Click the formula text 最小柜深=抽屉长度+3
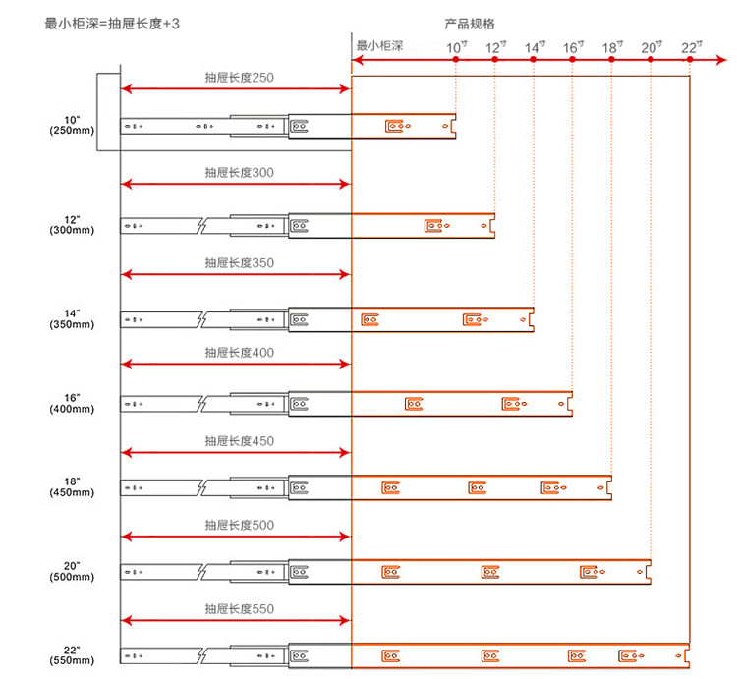[112, 24]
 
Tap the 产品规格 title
[470, 24]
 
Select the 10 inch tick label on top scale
[456, 47]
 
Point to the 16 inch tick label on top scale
[574, 47]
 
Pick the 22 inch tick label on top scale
[692, 47]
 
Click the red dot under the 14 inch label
[533, 59]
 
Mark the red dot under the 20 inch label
[651, 59]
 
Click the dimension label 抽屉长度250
[239, 77]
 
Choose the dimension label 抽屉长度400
[239, 353]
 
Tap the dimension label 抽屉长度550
[239, 609]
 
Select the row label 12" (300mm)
[72, 225]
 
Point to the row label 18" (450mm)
[72, 487]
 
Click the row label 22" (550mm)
[72, 655]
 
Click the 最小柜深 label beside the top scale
[379, 45]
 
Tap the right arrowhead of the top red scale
[721, 60]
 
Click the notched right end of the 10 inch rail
[454, 126]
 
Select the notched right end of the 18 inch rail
[609, 487]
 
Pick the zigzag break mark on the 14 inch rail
[201, 320]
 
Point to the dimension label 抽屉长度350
[239, 262]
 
